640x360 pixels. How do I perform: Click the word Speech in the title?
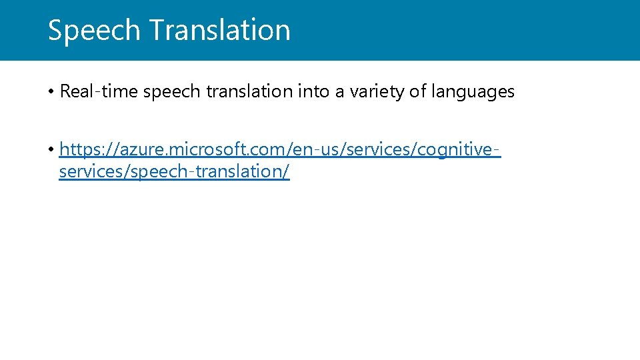pyautogui.click(x=93, y=31)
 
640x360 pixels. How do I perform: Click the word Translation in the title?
pyautogui.click(x=219, y=31)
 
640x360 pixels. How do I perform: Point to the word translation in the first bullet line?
pyautogui.click(x=249, y=91)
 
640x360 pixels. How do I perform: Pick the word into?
pyautogui.click(x=312, y=91)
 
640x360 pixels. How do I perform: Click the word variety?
pyautogui.click(x=373, y=92)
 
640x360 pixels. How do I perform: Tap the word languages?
pyautogui.click(x=472, y=92)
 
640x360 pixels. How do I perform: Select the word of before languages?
pyautogui.click(x=417, y=91)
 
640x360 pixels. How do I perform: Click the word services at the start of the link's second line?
pyautogui.click(x=85, y=171)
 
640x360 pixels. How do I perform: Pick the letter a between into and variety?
pyautogui.click(x=339, y=92)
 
